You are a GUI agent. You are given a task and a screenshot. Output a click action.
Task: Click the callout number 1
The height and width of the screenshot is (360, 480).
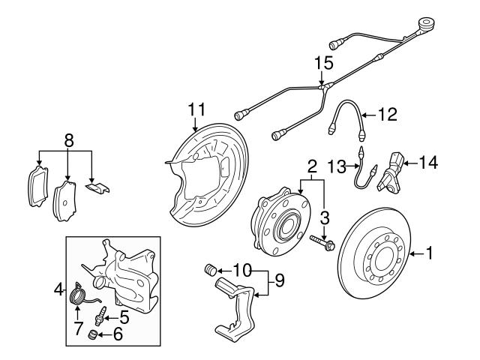430,254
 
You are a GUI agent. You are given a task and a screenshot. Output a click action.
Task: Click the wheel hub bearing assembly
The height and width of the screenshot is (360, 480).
277,222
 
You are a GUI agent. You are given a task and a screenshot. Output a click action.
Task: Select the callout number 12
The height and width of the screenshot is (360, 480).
387,115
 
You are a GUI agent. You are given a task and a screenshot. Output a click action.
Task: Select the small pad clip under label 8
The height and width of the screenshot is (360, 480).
96,187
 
